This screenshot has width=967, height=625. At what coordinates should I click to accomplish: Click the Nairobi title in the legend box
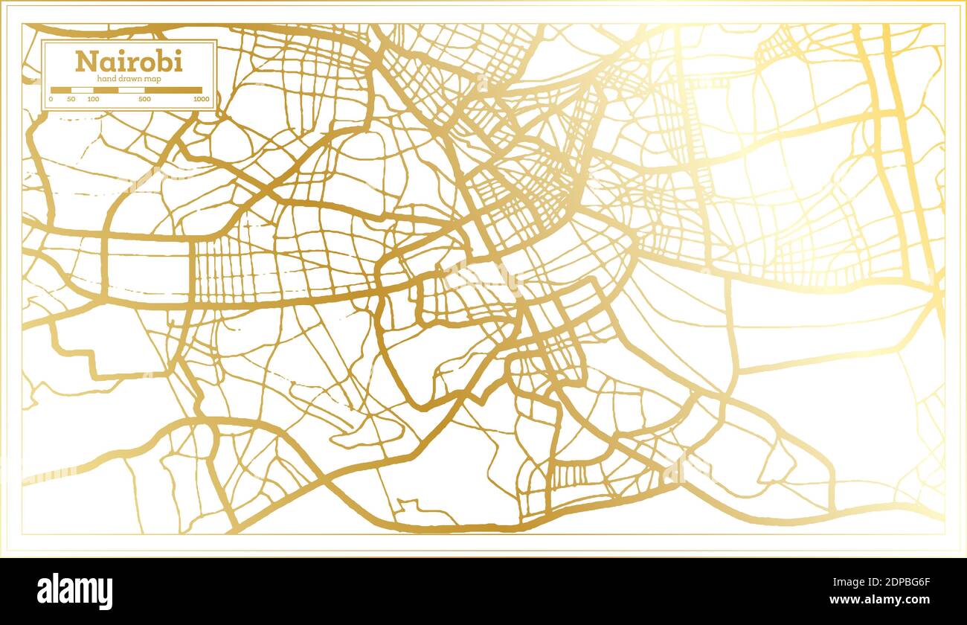click(x=128, y=61)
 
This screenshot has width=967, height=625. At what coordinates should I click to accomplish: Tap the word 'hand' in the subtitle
click(x=106, y=79)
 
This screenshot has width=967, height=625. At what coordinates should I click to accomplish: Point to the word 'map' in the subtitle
click(x=153, y=79)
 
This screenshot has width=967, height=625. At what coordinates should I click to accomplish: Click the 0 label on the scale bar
click(x=51, y=99)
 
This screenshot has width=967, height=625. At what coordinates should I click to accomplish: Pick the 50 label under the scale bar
click(x=71, y=99)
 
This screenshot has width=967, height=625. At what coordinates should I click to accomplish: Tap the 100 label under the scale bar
click(x=93, y=99)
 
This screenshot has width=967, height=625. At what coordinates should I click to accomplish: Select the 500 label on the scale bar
click(x=144, y=99)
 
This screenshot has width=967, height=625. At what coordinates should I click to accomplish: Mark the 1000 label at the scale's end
click(x=201, y=99)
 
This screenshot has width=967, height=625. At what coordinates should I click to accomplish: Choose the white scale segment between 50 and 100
click(x=83, y=90)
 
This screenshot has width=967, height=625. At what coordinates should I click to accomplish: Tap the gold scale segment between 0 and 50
click(x=61, y=90)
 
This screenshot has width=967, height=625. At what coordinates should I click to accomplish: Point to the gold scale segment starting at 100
click(x=106, y=90)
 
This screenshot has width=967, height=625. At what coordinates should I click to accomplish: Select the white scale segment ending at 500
click(x=132, y=90)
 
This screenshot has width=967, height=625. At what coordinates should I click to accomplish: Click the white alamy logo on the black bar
click(x=75, y=592)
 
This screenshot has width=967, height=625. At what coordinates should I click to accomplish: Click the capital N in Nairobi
click(x=84, y=61)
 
